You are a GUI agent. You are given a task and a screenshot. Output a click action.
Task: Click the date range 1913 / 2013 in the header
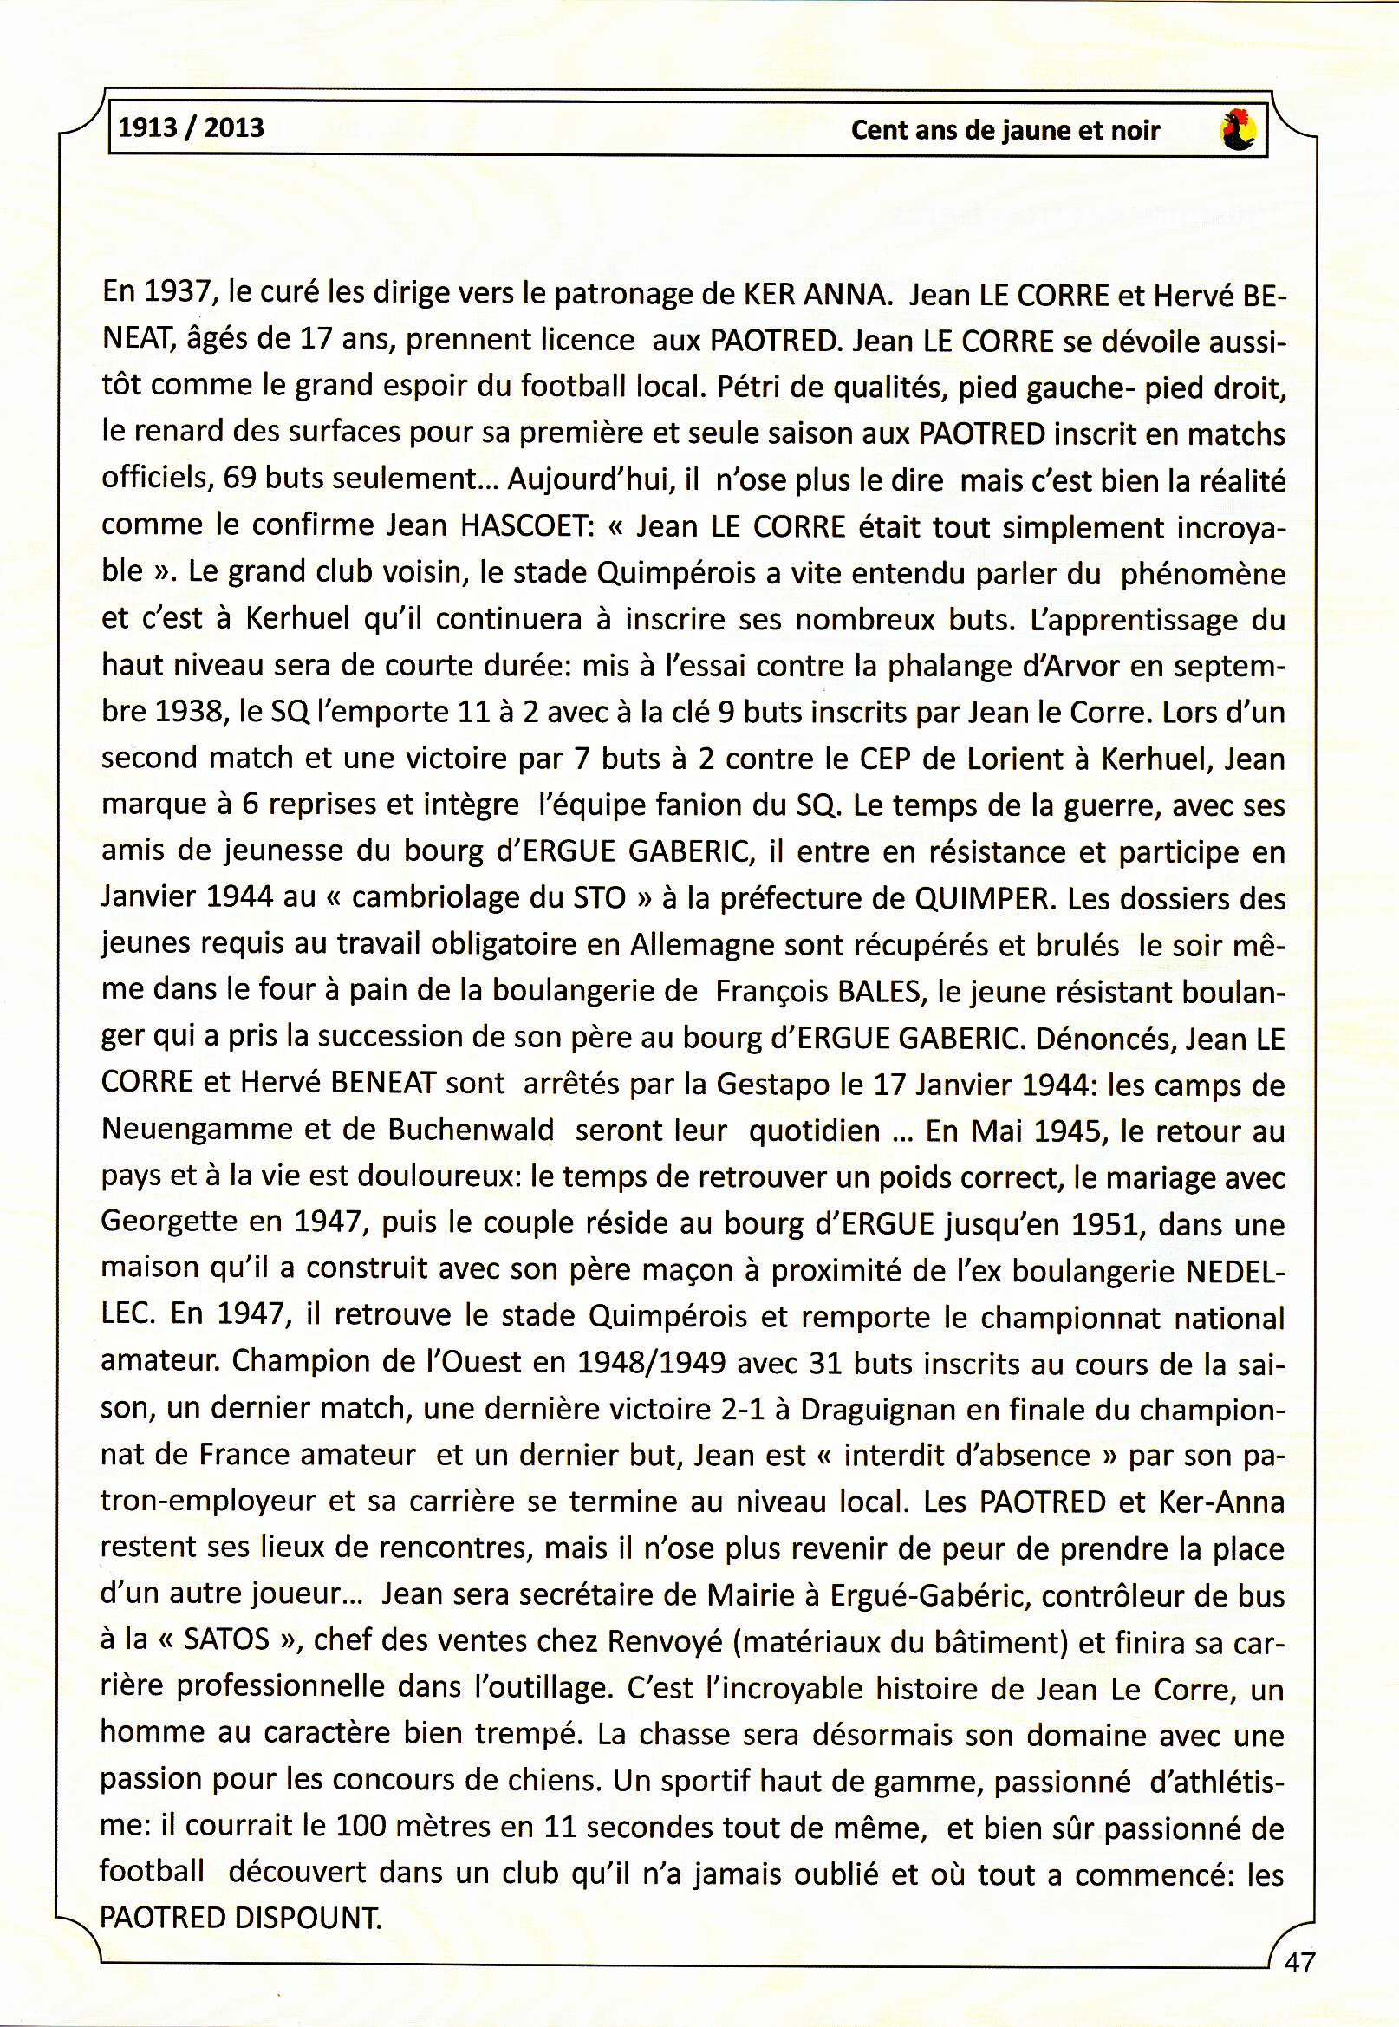190,128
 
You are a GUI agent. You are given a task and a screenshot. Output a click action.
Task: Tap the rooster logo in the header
1238,130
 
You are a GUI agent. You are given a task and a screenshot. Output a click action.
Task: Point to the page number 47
1299,1962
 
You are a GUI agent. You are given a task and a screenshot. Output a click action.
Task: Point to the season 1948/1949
651,1362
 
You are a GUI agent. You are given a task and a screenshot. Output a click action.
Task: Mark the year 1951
1106,1224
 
